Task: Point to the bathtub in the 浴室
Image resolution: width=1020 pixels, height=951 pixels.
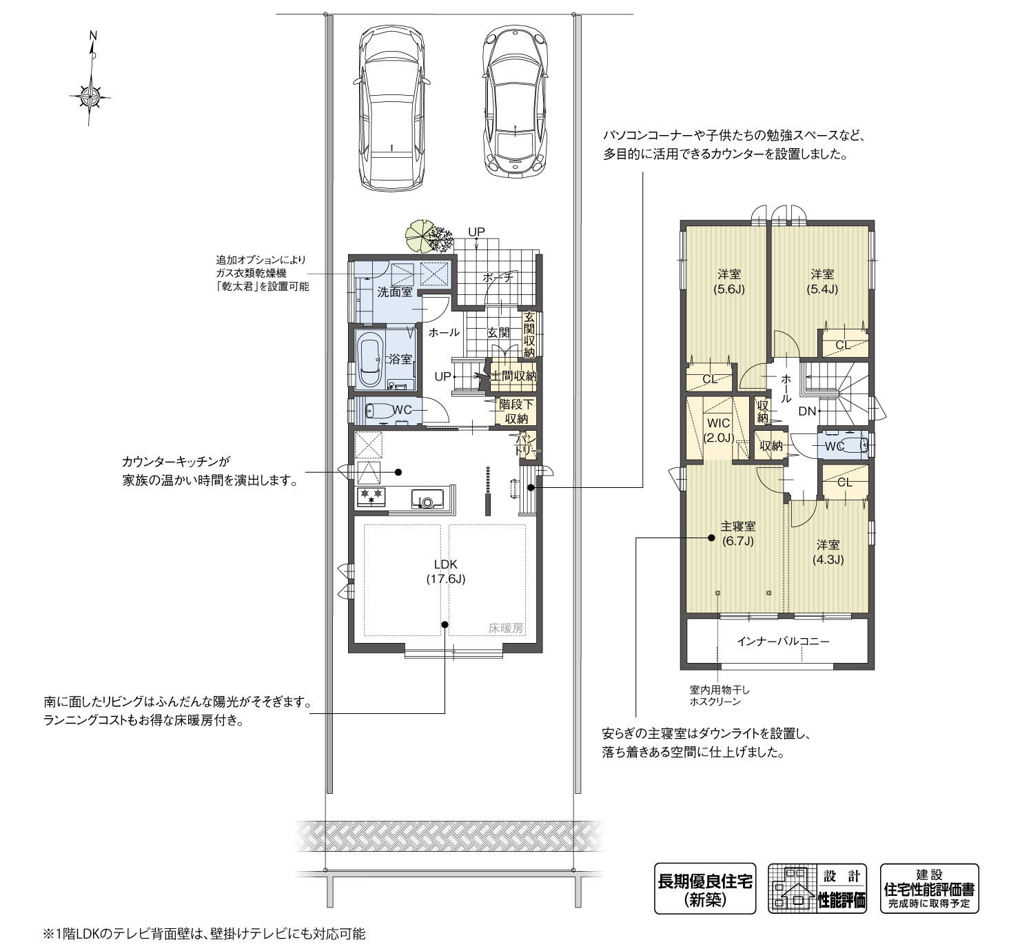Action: pyautogui.click(x=371, y=360)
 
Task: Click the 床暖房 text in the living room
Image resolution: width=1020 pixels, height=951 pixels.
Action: pyautogui.click(x=506, y=628)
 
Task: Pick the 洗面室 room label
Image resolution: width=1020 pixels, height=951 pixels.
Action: pyautogui.click(x=394, y=292)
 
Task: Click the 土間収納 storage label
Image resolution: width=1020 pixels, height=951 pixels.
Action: pyautogui.click(x=513, y=376)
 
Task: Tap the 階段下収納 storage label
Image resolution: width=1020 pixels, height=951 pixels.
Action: pyautogui.click(x=516, y=411)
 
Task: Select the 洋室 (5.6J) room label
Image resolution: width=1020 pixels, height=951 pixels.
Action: pyautogui.click(x=728, y=282)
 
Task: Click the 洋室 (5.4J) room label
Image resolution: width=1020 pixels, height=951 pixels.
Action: pyautogui.click(x=822, y=282)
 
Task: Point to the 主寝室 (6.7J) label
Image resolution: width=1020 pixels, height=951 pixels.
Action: pyautogui.click(x=737, y=533)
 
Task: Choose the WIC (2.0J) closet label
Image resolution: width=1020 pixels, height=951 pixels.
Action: pyautogui.click(x=717, y=429)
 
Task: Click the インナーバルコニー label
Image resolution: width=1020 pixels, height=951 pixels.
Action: pyautogui.click(x=783, y=641)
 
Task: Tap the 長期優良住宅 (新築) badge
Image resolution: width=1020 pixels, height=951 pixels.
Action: pyautogui.click(x=704, y=889)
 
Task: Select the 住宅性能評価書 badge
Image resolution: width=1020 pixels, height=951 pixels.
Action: pyautogui.click(x=929, y=889)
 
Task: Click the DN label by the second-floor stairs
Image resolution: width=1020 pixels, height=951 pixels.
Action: pyautogui.click(x=807, y=411)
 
